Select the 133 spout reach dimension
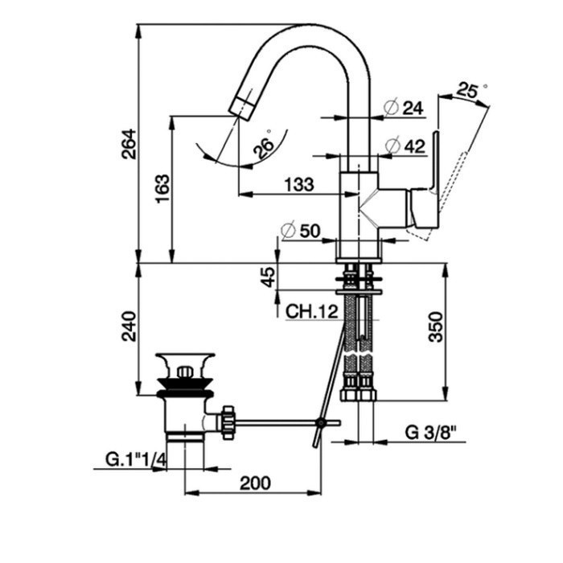[298, 184]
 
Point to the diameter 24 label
[405, 108]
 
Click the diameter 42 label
[405, 146]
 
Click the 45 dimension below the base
[269, 277]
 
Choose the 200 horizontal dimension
[254, 483]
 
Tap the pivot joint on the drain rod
[322, 422]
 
